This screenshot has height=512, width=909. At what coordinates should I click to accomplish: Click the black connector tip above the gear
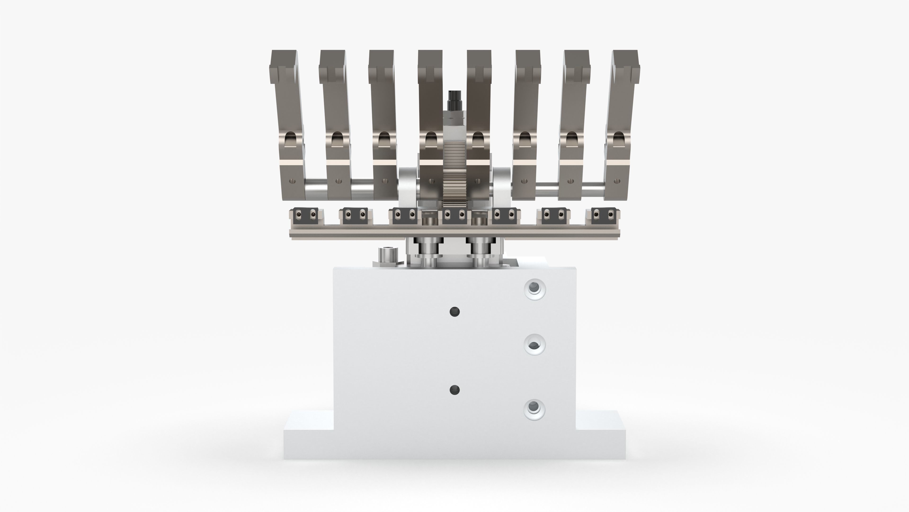[x=454, y=97]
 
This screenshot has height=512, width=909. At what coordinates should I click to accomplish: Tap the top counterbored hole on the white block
[x=535, y=289]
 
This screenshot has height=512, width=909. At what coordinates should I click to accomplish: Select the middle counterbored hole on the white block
[x=535, y=344]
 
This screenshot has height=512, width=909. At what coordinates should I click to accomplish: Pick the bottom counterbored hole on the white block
[x=535, y=410]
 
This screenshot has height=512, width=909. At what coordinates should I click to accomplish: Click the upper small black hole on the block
[x=454, y=312]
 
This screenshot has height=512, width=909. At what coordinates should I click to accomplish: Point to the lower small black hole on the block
[x=454, y=390]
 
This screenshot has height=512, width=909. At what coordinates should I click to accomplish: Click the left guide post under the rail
[x=428, y=253]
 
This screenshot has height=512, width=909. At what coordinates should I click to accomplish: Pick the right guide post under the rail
[x=480, y=253]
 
